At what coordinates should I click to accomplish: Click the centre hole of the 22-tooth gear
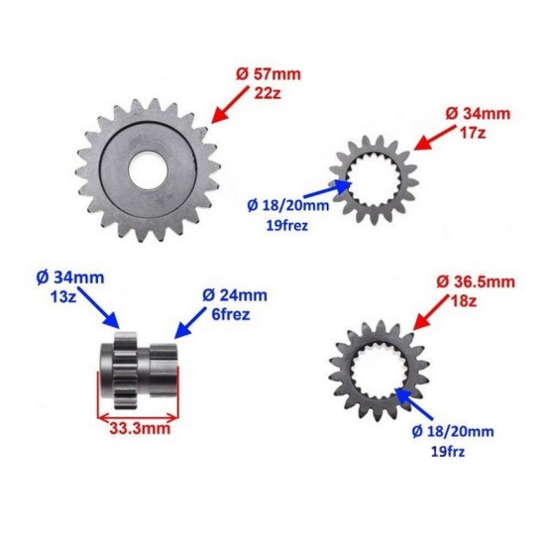click(148, 170)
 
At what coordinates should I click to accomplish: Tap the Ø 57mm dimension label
click(269, 74)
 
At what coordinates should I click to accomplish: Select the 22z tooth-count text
click(268, 93)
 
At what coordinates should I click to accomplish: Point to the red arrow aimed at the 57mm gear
click(230, 105)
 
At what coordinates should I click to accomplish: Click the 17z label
click(473, 133)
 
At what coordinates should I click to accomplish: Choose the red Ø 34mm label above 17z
click(478, 114)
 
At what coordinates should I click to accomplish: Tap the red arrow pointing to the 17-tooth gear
click(435, 138)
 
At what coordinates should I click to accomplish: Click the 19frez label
click(287, 226)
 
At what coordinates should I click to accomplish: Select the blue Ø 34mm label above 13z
click(70, 278)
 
